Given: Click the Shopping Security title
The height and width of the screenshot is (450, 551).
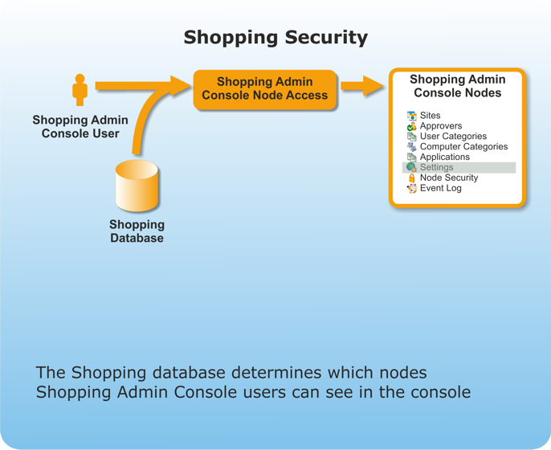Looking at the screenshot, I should pos(275,37).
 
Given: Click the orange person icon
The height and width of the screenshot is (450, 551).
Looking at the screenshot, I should pos(80,89).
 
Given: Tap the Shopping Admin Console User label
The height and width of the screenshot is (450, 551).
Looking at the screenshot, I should pos(80,126).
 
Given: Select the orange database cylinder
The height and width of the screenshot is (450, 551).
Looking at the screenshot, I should pos(137,186).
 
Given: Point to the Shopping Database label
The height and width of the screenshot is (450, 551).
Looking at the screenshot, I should pos(137,231).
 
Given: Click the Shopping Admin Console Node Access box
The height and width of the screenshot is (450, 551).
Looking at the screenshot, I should pos(264,88).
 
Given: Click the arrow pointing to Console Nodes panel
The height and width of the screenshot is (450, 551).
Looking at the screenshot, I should pos(362,85).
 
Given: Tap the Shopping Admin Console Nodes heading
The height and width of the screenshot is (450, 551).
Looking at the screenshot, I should pos(457,86).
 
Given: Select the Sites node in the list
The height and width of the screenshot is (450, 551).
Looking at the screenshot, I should pos(430,116).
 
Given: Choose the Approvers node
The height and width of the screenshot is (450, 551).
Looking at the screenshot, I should pos(440,126).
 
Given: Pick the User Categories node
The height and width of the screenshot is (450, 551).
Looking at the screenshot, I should pos(452,137).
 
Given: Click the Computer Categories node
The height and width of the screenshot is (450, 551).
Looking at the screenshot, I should pos(463,147).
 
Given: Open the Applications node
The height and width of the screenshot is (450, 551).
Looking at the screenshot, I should pos(444,157).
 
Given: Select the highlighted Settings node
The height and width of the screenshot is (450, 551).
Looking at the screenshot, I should pos(436,167).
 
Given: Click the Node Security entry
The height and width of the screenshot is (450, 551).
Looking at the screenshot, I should pos(448,178).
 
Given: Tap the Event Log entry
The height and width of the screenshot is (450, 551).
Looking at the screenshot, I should pos(440,188).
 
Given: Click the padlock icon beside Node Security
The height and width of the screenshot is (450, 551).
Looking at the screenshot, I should pos(411,178).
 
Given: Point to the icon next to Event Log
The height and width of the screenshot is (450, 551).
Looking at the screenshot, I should pos(411,188).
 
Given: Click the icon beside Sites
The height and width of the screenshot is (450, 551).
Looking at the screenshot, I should pos(411,116).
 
